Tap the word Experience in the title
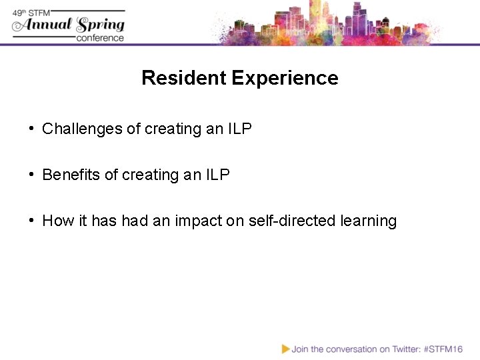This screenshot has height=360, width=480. (x=285, y=78)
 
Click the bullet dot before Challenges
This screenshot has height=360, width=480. (x=31, y=129)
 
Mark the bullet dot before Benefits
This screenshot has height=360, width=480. (x=31, y=175)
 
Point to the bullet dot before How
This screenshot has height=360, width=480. (x=31, y=221)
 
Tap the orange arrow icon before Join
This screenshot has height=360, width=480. (x=285, y=349)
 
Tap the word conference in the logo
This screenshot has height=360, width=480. (x=100, y=38)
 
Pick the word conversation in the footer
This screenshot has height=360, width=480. (x=351, y=349)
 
